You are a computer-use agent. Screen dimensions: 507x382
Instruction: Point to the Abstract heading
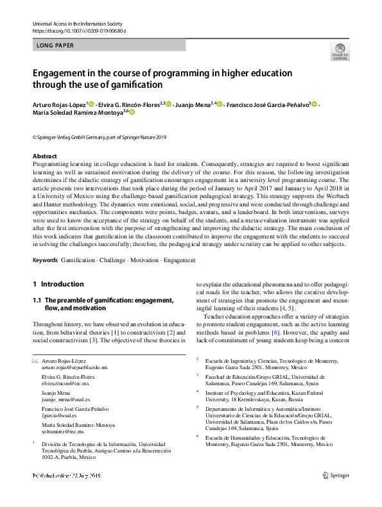(45, 156)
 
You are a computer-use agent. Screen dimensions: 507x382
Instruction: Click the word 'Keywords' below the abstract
(45, 261)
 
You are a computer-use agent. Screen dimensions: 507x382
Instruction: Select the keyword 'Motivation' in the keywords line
(139, 261)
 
